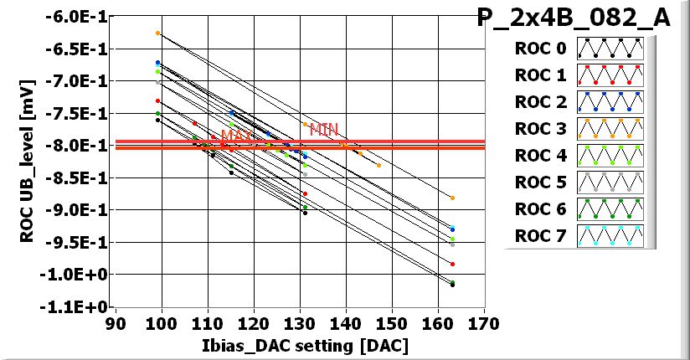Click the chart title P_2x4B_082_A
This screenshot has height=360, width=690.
574,18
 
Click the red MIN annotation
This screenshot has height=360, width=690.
324,129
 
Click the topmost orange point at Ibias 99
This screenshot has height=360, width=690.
157,33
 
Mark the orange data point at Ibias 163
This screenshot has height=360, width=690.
452,198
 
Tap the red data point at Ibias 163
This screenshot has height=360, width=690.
452,264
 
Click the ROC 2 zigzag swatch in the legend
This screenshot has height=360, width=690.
610,102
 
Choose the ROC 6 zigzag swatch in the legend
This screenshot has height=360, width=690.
610,209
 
